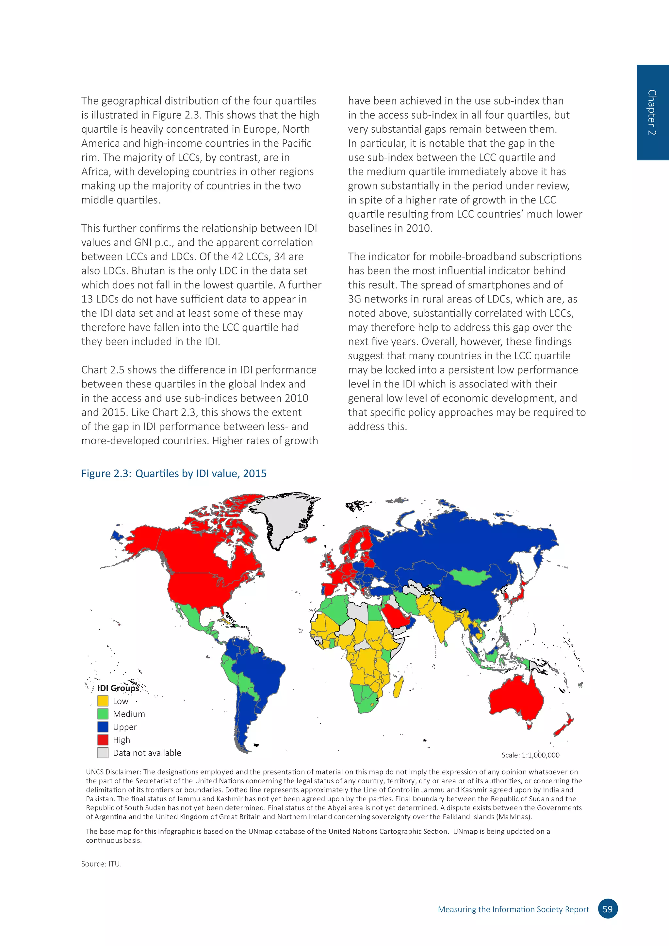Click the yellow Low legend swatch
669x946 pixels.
point(103,701)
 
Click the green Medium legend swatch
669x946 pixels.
point(103,714)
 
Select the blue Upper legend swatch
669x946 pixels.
point(103,727)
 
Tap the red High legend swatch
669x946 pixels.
point(103,740)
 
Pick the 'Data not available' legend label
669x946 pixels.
point(147,753)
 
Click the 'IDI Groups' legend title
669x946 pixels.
point(118,688)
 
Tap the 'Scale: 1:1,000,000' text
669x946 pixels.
point(530,755)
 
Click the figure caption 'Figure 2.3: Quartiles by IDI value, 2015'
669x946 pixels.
point(173,473)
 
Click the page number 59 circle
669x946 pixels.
point(607,909)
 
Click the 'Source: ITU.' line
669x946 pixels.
point(101,864)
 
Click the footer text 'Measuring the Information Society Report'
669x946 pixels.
point(513,909)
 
